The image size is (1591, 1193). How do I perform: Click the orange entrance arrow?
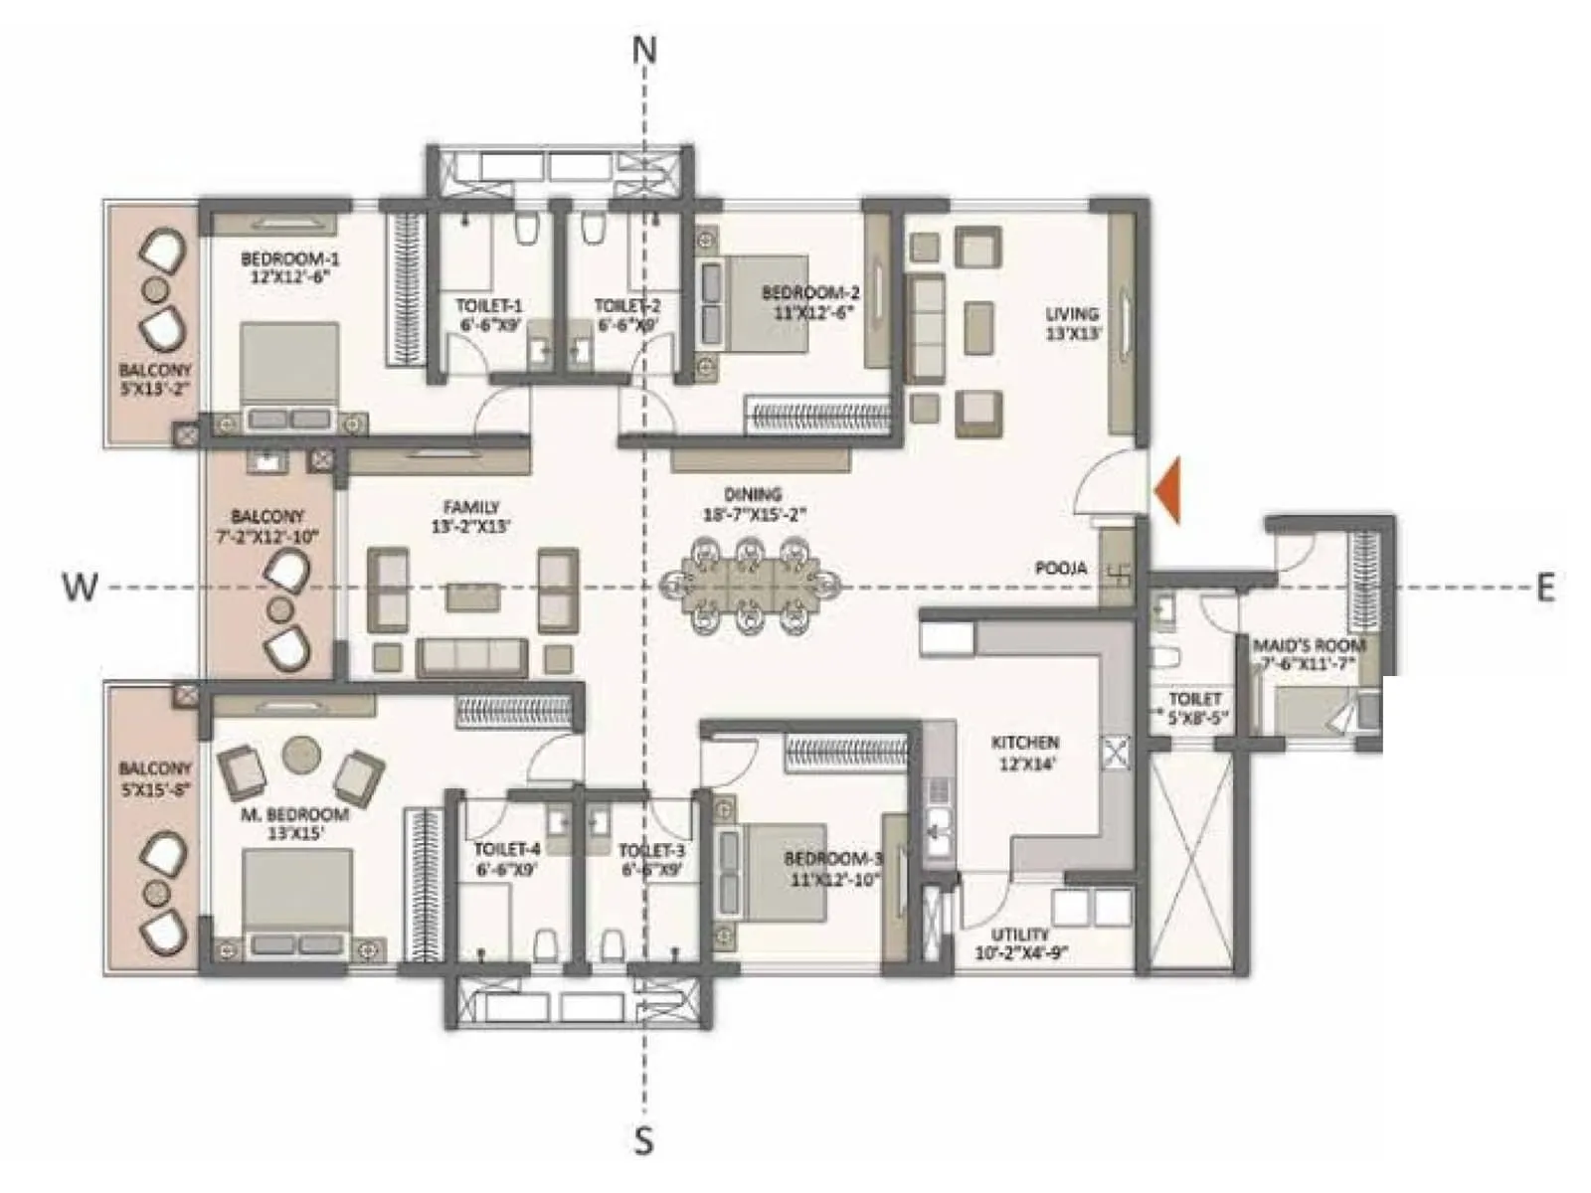pos(1168,490)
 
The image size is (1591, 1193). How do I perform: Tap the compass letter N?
pos(645,50)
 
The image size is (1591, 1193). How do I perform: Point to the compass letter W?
pos(80,588)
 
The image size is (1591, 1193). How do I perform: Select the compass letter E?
pos(1544,588)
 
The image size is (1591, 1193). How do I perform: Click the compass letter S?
pos(644,1139)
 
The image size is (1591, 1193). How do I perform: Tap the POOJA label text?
pos(1061,569)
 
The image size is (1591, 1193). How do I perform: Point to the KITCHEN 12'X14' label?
pos(1024,753)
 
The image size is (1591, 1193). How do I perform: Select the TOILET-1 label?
pos(489,314)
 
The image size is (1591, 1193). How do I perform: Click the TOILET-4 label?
pos(507,858)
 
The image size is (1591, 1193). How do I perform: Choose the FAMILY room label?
pos(471,516)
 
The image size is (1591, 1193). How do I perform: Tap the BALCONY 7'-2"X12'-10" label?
pos(266,525)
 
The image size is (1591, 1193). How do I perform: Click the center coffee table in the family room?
pos(472,596)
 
